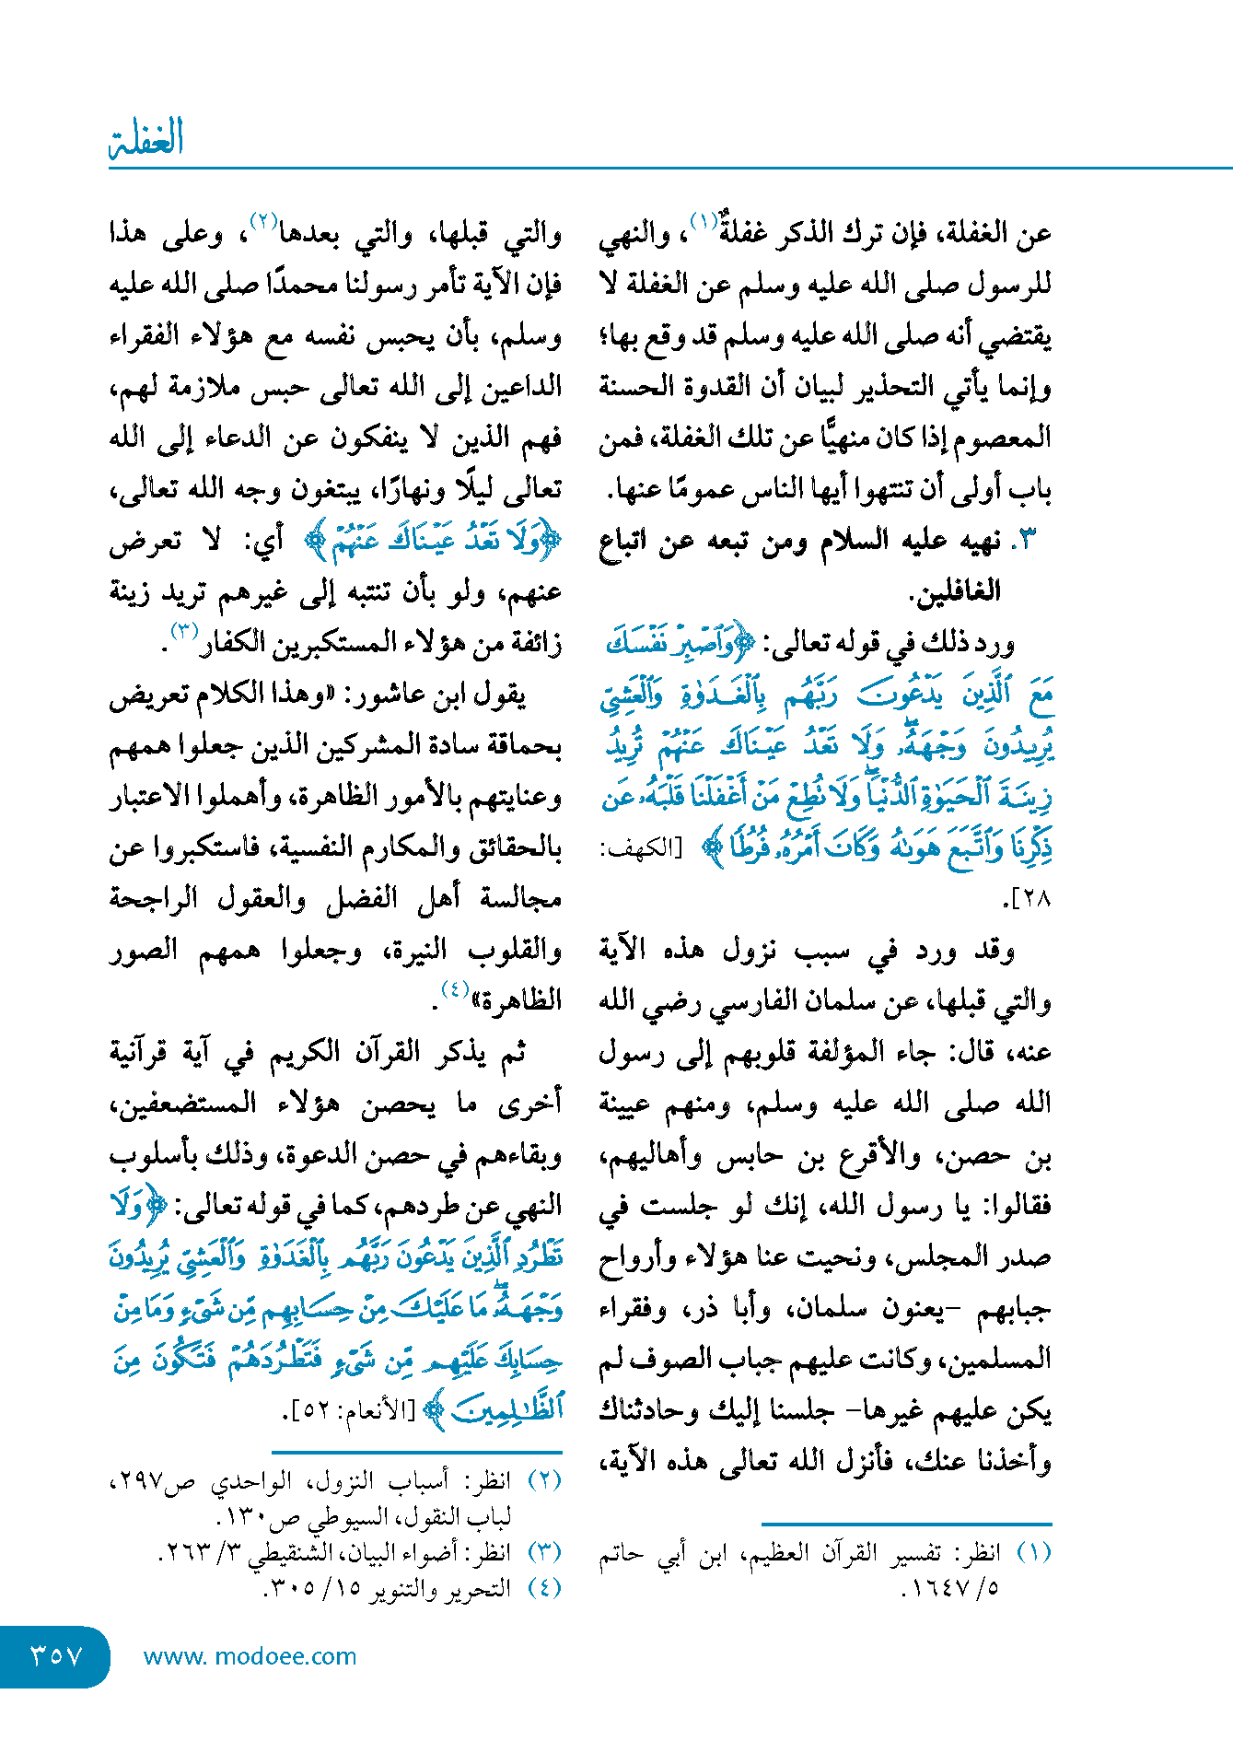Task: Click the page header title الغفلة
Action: [146, 138]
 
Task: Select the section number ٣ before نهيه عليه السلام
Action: [1030, 541]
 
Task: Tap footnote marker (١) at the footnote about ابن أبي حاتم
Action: [1033, 1553]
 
